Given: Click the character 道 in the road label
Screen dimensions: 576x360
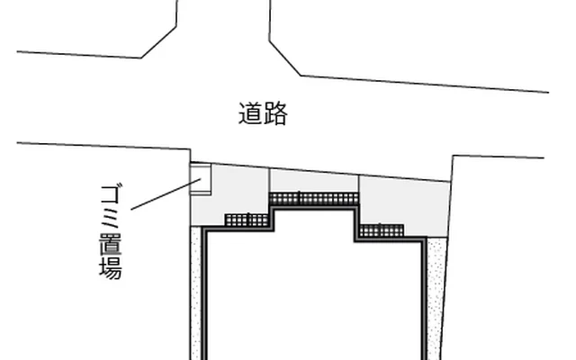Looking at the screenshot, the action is [x=251, y=113].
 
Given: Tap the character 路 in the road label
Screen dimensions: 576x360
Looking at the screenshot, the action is [x=275, y=113].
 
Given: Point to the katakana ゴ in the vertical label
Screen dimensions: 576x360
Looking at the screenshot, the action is [x=111, y=194].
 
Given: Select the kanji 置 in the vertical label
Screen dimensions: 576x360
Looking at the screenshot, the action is [x=111, y=243].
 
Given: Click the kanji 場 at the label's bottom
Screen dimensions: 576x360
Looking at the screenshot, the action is [x=111, y=267].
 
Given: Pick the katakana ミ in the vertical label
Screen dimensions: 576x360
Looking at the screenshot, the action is [x=111, y=219].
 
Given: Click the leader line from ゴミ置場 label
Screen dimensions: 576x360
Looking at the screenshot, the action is [x=166, y=194].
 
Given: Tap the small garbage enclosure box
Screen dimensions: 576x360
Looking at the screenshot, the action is [x=201, y=179].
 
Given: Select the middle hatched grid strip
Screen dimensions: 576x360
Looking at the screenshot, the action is [x=314, y=199].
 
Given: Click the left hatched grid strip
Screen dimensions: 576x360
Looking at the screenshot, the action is [x=247, y=220].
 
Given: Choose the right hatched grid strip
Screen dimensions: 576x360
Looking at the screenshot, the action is [x=382, y=230].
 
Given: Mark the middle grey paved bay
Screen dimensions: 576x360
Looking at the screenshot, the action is [x=314, y=181].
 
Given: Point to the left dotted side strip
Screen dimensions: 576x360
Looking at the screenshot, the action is [x=196, y=294].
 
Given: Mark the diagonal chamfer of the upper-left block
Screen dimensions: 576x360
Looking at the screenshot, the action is [x=159, y=42].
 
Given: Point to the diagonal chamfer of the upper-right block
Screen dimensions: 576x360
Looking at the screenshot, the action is [x=285, y=58].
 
